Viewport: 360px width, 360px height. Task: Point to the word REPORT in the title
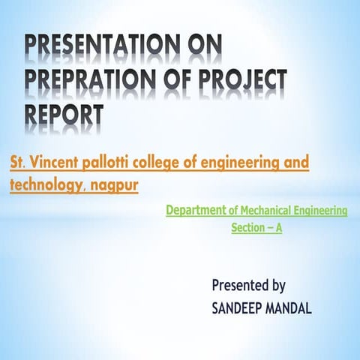(64, 114)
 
